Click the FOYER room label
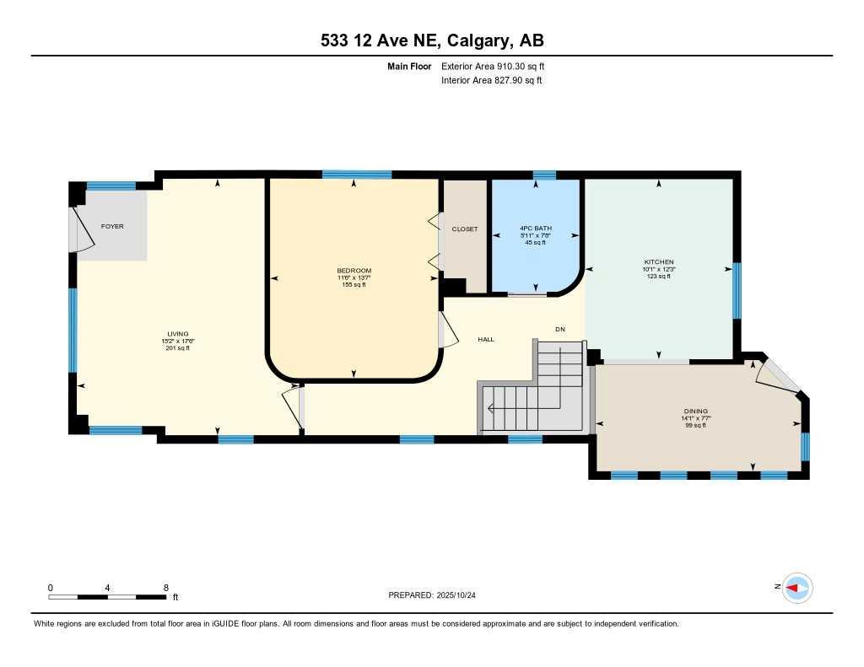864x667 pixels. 112,227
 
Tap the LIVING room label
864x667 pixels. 177,334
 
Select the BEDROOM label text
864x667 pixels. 354,271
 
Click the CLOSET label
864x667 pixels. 464,229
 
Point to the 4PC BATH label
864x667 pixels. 536,229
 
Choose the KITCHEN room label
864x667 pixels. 658,262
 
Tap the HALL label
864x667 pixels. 486,339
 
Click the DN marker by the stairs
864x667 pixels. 559,329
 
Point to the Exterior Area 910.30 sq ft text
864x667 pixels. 499,66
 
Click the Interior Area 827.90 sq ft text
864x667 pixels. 491,81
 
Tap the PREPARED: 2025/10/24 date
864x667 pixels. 437,595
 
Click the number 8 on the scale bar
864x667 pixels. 165,588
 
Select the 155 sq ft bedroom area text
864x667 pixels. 354,285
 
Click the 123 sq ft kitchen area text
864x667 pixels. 658,277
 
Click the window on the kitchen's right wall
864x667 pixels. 736,291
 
